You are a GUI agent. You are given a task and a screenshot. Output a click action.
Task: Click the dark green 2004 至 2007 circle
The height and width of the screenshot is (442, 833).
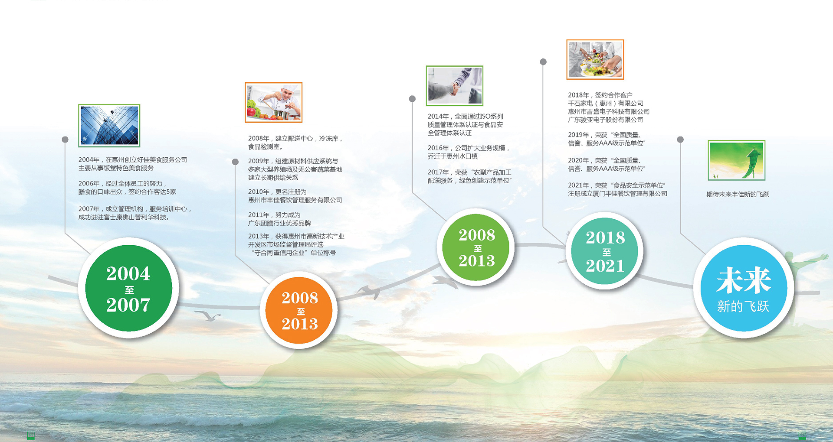coord(128,288)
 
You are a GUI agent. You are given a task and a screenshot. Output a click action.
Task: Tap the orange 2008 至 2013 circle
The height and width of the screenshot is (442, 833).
coord(299,311)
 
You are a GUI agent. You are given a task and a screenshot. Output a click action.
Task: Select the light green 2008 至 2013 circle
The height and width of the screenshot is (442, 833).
coord(476,247)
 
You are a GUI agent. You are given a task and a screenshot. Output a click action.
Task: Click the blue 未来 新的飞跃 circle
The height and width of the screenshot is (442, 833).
coord(743,288)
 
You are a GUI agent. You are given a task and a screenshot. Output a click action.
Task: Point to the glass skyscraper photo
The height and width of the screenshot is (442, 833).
coord(109,126)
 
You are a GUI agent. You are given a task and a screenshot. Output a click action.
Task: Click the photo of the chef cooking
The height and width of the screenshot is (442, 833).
coord(273,102)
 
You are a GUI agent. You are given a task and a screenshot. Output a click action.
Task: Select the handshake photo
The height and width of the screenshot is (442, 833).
coord(455,86)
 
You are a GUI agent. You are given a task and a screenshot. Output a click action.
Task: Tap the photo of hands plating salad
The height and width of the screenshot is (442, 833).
coord(595,59)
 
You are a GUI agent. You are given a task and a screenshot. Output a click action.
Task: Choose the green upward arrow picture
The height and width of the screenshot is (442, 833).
coord(736,160)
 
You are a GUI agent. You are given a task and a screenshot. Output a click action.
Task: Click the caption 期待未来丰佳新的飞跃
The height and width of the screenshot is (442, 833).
coord(738,194)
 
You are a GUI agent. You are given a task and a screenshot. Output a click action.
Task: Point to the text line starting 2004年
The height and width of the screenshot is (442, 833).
coord(133,160)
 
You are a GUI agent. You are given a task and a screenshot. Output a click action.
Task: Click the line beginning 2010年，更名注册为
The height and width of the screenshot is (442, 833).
coord(277,192)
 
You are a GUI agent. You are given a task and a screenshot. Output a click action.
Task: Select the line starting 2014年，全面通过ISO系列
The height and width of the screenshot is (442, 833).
coord(466,116)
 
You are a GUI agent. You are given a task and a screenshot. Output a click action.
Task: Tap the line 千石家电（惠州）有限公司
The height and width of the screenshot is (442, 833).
coord(606,103)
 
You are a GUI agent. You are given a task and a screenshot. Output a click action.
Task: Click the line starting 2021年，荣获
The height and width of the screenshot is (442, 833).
coord(617,185)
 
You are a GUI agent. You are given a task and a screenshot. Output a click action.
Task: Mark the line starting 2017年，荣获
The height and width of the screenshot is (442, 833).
coord(469,172)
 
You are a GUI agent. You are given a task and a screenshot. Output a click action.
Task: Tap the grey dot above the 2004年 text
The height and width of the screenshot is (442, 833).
coord(65,140)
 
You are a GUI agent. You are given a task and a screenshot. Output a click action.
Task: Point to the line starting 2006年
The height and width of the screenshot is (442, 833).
coord(122,184)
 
